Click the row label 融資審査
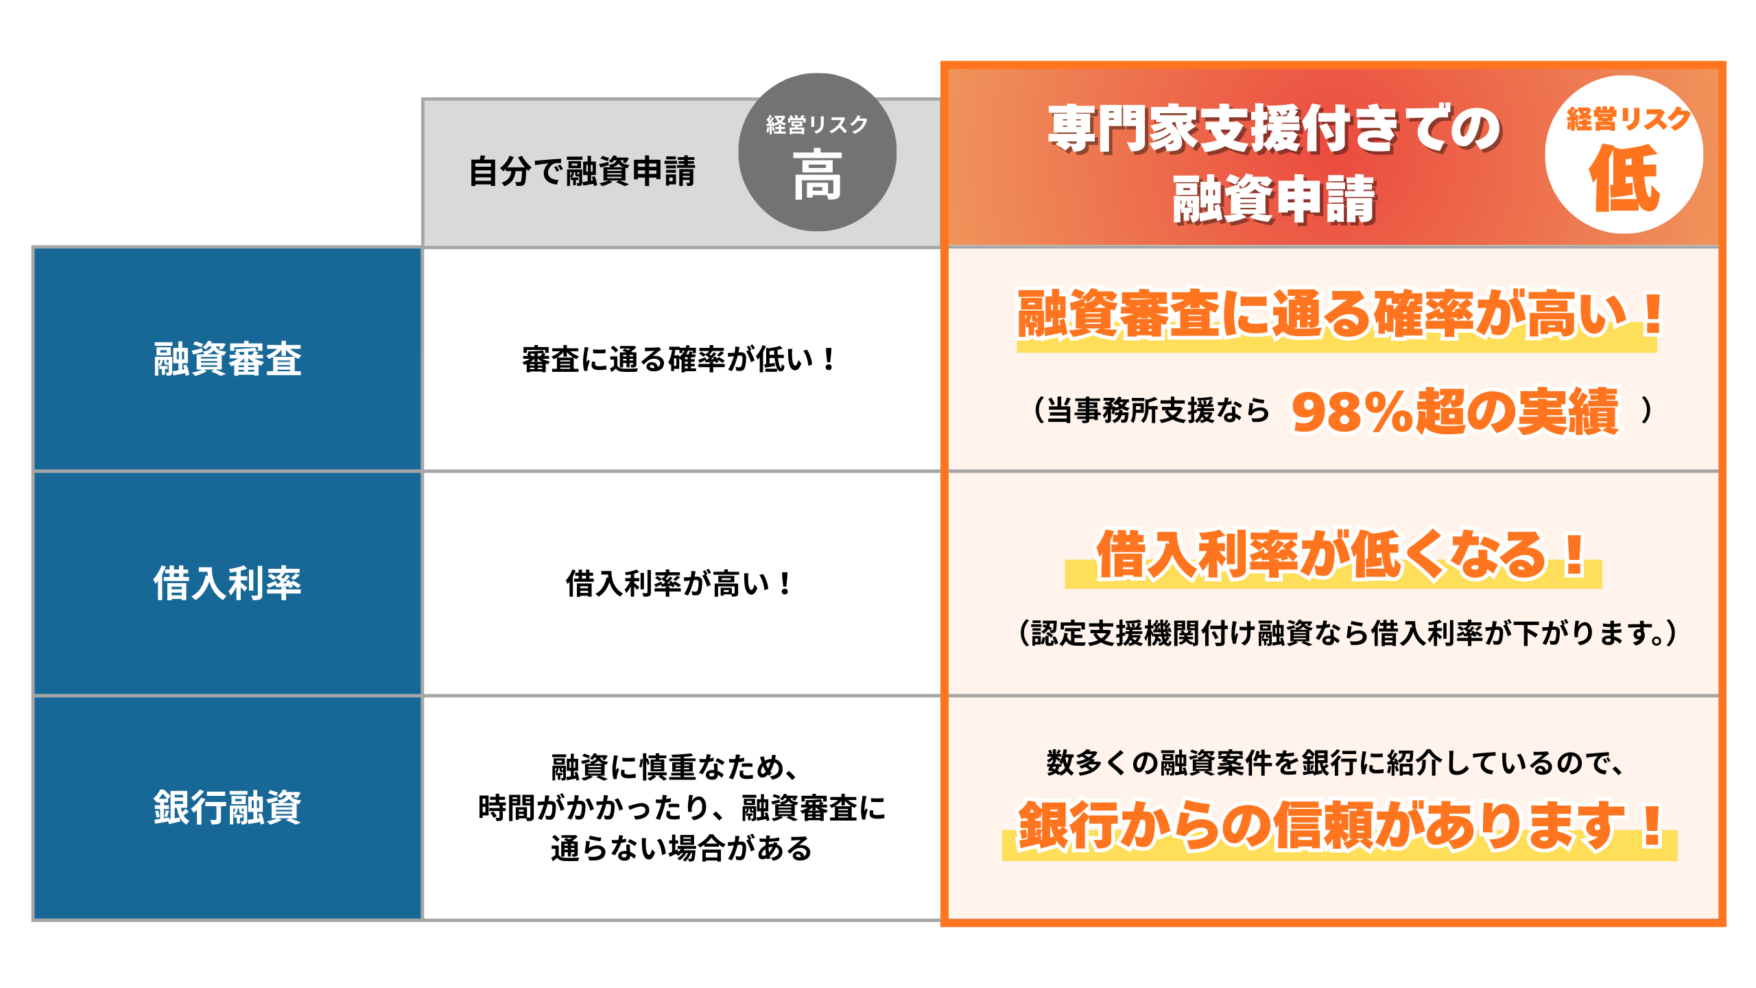[x=227, y=359]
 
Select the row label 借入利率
[x=227, y=583]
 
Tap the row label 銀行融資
[x=227, y=808]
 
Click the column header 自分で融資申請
[x=582, y=172]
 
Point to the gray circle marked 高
[x=817, y=152]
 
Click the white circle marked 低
[x=1624, y=155]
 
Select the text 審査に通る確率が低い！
[x=679, y=360]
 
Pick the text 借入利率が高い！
[x=679, y=584]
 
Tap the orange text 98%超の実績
[x=1455, y=412]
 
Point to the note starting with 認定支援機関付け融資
[x=1348, y=633]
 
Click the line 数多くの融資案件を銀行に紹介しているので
[x=1335, y=763]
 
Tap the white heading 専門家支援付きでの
[x=1274, y=128]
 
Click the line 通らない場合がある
[x=681, y=848]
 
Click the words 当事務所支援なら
[x=1158, y=410]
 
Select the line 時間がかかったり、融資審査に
[x=682, y=808]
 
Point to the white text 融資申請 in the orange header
[x=1274, y=199]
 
